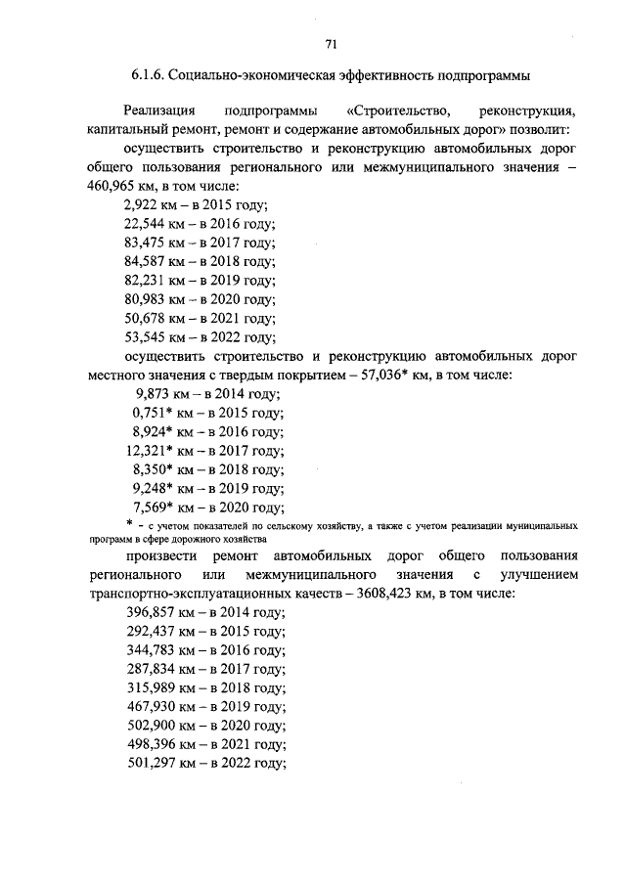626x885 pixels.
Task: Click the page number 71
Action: (x=331, y=44)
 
